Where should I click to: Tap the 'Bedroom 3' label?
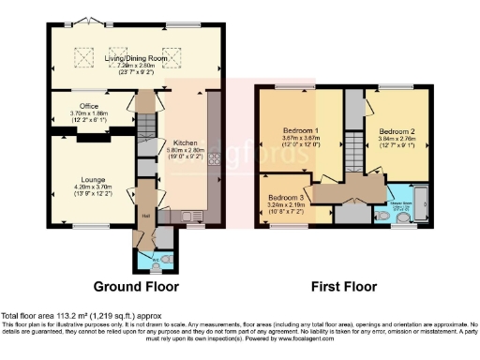coord(285,198)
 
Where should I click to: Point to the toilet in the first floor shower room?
coord(404,217)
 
